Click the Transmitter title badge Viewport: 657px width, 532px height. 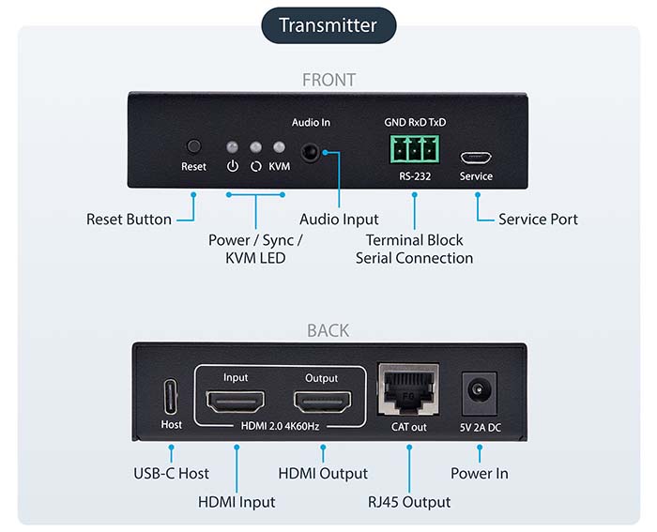[328, 24]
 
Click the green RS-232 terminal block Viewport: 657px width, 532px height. [414, 149]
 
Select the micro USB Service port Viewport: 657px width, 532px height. [476, 156]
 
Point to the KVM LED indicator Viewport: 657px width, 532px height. [279, 148]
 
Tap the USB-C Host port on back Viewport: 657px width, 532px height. [172, 396]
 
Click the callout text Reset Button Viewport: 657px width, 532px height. [129, 220]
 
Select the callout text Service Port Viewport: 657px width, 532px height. [538, 220]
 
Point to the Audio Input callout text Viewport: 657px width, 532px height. [339, 220]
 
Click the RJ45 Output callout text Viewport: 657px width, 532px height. [409, 502]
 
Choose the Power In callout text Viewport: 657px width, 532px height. [480, 474]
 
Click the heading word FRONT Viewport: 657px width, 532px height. [328, 81]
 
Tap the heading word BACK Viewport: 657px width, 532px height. [328, 330]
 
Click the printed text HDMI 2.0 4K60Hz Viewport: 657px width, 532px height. [279, 428]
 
